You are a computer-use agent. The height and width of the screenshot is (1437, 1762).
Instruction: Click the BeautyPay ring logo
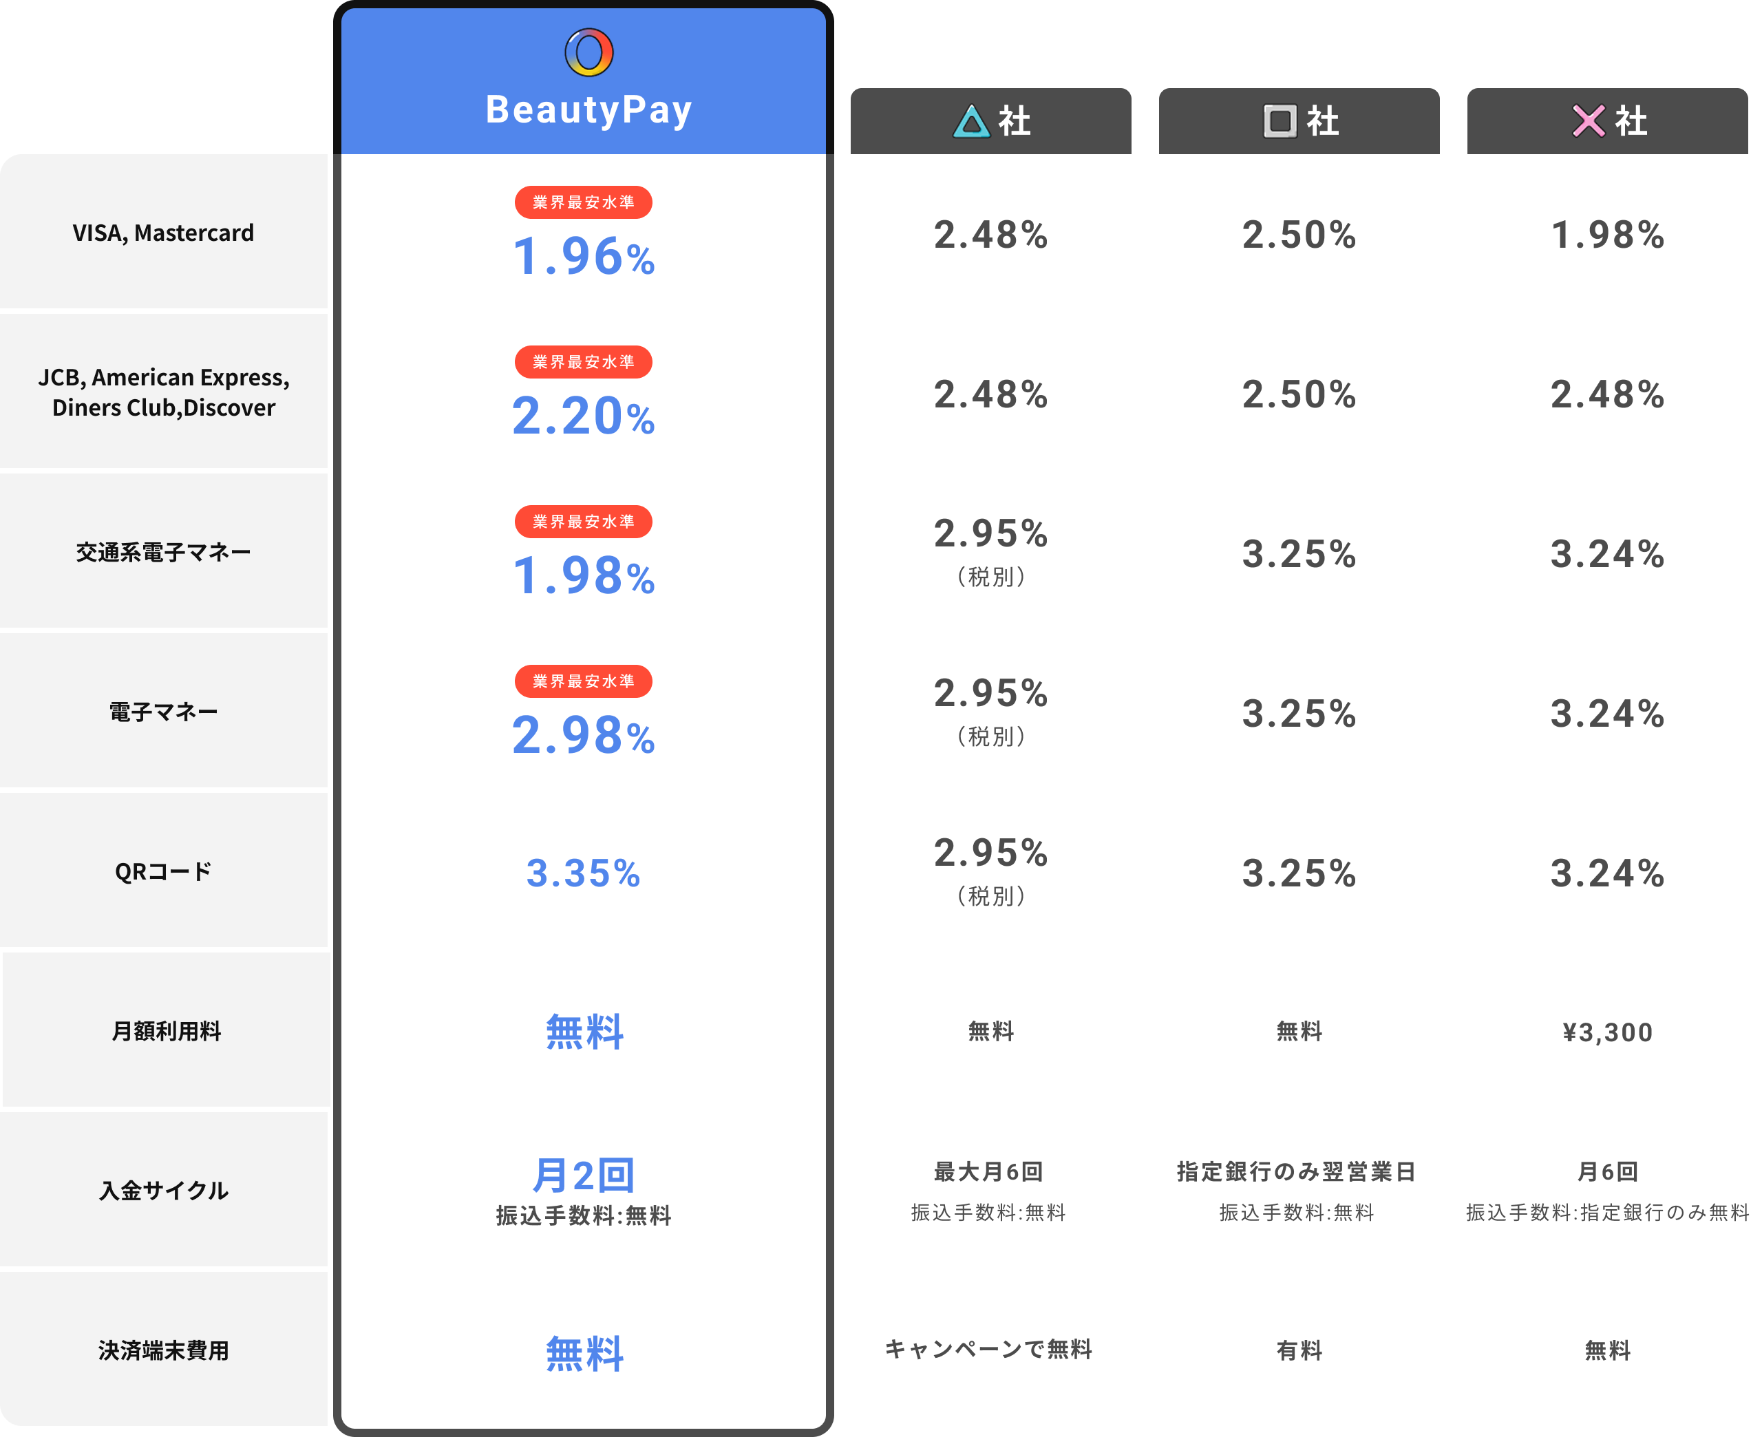(x=588, y=53)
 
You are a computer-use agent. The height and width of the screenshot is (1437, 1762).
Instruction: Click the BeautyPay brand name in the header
(x=588, y=110)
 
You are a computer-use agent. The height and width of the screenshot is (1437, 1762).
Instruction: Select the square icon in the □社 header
(x=1280, y=121)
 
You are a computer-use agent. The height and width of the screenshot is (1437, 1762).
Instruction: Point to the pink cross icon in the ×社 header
(x=1588, y=121)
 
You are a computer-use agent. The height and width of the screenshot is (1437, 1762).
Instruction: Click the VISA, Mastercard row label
(x=163, y=233)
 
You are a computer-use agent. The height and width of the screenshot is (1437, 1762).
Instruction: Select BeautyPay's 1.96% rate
(x=584, y=256)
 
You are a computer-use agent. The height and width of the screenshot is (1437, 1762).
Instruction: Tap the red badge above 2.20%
(x=584, y=362)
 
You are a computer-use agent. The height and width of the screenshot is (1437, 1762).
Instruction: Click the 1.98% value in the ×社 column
(x=1607, y=235)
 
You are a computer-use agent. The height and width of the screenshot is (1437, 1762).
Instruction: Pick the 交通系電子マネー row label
(x=163, y=552)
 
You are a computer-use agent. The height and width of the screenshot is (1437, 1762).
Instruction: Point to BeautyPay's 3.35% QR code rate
(x=584, y=873)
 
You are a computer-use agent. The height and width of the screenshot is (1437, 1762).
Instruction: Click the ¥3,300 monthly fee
(x=1607, y=1032)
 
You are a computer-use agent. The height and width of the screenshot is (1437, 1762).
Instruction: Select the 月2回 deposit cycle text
(x=584, y=1175)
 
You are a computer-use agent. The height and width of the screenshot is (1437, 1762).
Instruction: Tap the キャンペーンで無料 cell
(x=988, y=1350)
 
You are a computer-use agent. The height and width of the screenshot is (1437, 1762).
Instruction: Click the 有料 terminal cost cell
(x=1299, y=1351)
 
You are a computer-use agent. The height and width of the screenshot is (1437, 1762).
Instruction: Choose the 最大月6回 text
(x=988, y=1171)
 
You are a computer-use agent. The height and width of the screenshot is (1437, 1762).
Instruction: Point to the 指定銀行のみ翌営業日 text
(x=1296, y=1171)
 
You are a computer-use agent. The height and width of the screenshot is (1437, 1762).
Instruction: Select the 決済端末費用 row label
(x=163, y=1351)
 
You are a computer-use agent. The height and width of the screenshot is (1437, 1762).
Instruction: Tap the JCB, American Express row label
(x=163, y=392)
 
